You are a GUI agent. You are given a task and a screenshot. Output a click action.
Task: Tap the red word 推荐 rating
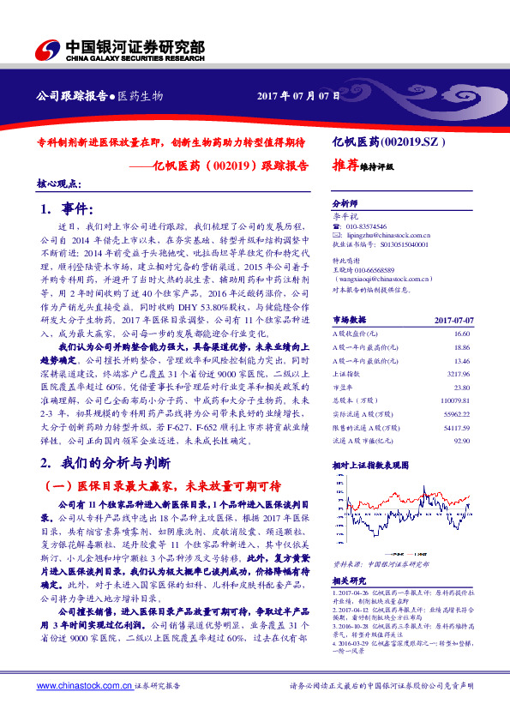(344, 167)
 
